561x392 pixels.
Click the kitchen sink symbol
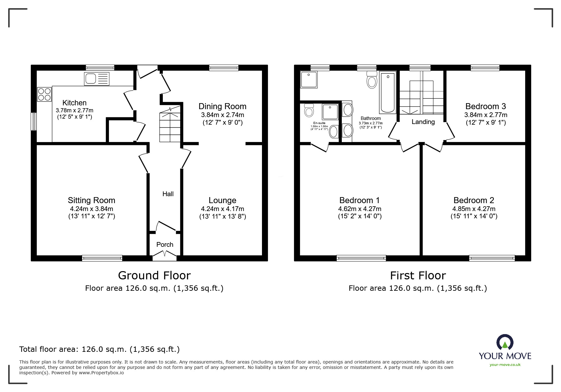click(97, 78)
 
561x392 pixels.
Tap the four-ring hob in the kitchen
click(44, 94)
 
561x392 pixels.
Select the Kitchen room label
click(74, 103)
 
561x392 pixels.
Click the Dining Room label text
click(222, 106)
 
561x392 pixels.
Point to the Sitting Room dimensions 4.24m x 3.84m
click(92, 209)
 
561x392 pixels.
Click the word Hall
click(168, 194)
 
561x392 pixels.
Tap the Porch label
click(165, 245)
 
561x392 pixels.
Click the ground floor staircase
click(170, 125)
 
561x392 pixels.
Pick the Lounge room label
click(222, 200)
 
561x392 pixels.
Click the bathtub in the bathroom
click(387, 92)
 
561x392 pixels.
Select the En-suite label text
click(319, 123)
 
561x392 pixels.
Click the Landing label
click(423, 122)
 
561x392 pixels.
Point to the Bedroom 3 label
click(486, 106)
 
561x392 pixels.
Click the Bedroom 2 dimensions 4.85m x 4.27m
click(474, 209)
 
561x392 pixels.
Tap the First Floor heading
click(418, 276)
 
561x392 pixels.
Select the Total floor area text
click(99, 349)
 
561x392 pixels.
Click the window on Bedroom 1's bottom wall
click(361, 258)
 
